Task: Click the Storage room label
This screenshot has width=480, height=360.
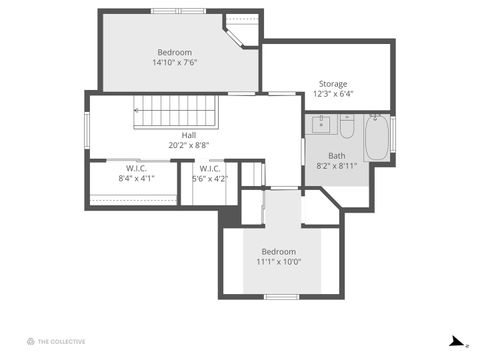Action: click(333, 83)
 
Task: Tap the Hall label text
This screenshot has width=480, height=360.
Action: click(188, 135)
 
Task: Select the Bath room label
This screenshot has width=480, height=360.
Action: click(337, 155)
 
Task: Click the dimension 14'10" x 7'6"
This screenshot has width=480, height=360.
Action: click(174, 62)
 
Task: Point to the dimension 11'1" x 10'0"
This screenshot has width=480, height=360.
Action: click(279, 262)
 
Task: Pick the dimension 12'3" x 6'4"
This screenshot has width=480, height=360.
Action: click(333, 94)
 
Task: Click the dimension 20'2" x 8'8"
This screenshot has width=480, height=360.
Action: click(188, 146)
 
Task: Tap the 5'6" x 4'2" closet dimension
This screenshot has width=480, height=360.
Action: click(209, 178)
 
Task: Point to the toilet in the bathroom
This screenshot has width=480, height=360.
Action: click(347, 127)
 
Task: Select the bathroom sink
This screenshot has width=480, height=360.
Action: click(321, 125)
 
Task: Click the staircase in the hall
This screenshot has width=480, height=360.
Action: click(176, 110)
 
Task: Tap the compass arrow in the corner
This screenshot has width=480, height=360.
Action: click(457, 341)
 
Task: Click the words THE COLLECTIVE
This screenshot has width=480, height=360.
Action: click(62, 341)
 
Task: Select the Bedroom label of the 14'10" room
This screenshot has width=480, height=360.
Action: click(174, 52)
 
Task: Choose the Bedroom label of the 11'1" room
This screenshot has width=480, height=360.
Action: click(279, 251)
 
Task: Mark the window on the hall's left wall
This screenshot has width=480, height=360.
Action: click(87, 128)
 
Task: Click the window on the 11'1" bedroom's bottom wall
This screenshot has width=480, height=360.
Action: click(281, 296)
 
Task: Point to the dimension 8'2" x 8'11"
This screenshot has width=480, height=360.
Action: click(337, 166)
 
